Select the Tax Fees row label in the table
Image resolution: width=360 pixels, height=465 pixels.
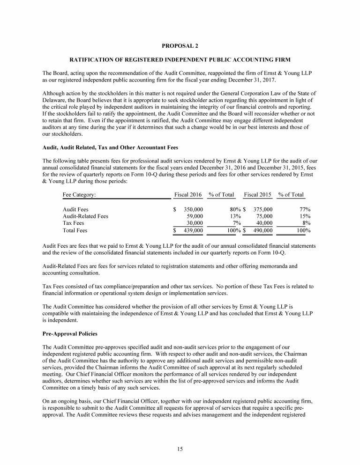point(73,223)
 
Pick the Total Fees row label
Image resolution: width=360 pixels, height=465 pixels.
point(75,230)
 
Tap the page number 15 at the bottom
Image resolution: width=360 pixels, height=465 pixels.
point(180,449)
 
